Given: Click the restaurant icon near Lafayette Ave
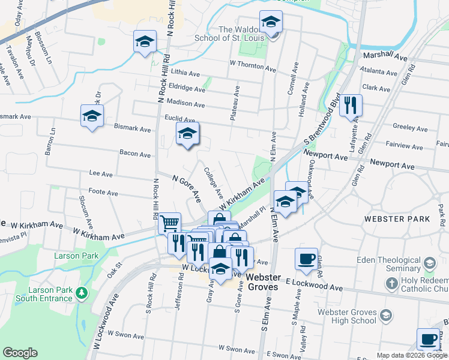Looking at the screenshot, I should (351, 106).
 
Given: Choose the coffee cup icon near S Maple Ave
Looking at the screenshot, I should (306, 258).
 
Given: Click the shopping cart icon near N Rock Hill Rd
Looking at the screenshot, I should (170, 223).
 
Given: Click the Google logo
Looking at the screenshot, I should (20, 353).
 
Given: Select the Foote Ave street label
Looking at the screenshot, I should (103, 193).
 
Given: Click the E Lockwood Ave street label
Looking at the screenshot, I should (314, 285).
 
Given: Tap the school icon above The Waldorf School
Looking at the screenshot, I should (271, 22).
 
